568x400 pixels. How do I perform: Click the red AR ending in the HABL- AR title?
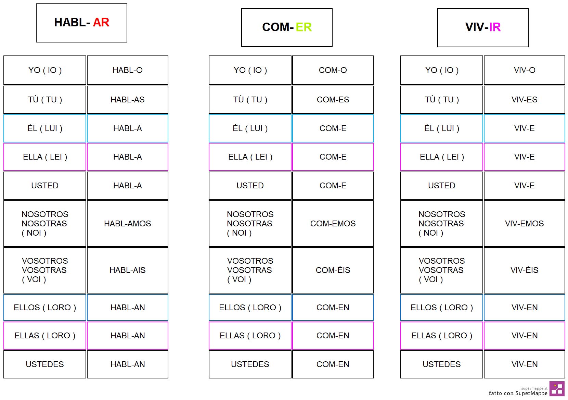pyautogui.click(x=101, y=22)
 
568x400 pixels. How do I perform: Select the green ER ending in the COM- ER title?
pyautogui.click(x=304, y=27)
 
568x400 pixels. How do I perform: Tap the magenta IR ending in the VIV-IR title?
pyautogui.click(x=495, y=27)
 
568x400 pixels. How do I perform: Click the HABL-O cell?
pyautogui.click(x=128, y=70)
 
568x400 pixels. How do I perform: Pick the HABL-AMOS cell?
pyautogui.click(x=128, y=223)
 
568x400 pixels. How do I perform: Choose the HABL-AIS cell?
pyautogui.click(x=128, y=270)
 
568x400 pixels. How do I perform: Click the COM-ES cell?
pyautogui.click(x=333, y=100)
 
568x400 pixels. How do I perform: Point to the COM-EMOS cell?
pyautogui.click(x=333, y=223)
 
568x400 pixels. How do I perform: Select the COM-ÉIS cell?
pyautogui.click(x=333, y=270)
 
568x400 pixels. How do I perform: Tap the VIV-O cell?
pyautogui.click(x=525, y=70)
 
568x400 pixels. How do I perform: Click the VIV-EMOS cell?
pyautogui.click(x=525, y=223)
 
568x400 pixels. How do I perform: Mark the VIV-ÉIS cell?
pyautogui.click(x=525, y=270)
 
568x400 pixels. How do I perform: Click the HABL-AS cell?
pyautogui.click(x=128, y=100)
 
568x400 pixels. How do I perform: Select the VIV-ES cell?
pyautogui.click(x=525, y=100)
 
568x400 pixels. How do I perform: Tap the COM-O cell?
pyautogui.click(x=333, y=70)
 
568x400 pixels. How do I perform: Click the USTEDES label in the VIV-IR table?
pyautogui.click(x=441, y=364)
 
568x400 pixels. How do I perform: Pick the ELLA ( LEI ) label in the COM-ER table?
pyautogui.click(x=250, y=157)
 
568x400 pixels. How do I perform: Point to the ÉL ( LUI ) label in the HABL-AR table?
pyautogui.click(x=45, y=128)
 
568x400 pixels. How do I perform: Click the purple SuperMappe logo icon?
pyautogui.click(x=557, y=389)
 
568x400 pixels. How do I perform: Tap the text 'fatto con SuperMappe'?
pyautogui.click(x=518, y=393)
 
